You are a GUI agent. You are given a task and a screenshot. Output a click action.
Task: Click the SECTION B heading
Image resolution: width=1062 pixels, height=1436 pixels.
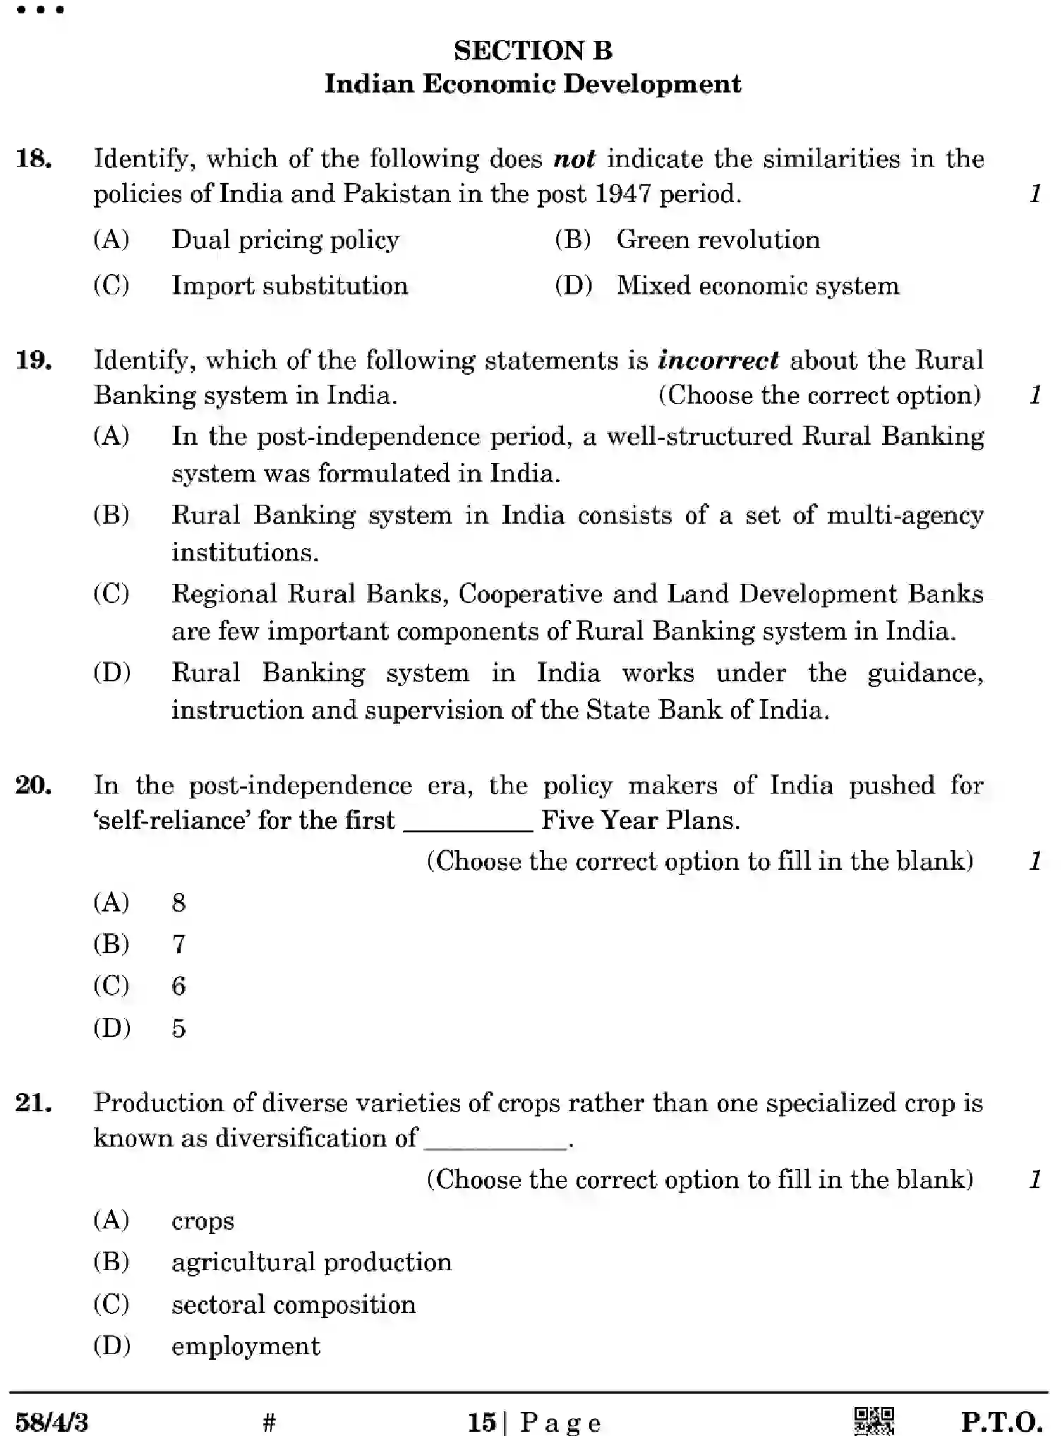pos(533,50)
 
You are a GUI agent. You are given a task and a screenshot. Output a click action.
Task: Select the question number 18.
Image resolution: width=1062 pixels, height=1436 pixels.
pos(33,158)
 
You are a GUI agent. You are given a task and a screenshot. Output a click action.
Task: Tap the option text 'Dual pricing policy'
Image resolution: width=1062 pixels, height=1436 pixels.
pos(285,240)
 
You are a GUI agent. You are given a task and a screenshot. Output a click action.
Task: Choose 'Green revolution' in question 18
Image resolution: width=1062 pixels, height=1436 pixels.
pos(718,240)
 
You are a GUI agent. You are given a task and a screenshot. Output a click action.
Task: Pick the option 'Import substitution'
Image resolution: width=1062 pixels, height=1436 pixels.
pos(289,286)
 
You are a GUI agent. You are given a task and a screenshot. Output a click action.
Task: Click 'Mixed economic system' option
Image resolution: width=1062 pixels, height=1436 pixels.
pos(758,286)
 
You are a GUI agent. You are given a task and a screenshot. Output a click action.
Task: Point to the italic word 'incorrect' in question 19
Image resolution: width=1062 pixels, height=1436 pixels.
pos(718,360)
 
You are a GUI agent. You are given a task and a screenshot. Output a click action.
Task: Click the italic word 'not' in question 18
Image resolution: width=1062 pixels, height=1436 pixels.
pos(574,159)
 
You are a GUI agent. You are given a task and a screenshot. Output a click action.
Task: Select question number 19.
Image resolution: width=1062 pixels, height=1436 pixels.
pos(33,360)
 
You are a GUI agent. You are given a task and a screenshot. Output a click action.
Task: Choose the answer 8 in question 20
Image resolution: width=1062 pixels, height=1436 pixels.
pos(179,902)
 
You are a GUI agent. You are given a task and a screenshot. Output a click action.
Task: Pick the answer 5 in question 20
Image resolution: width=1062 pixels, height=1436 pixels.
pos(179,1028)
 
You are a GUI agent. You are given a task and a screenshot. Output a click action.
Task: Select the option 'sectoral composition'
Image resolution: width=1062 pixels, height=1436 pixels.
pos(294,1304)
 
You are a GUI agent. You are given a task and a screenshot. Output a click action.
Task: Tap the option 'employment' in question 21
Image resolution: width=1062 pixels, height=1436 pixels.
pos(246,1346)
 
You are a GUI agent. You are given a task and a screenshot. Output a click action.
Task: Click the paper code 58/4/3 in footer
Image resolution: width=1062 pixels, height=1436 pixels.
pos(52,1420)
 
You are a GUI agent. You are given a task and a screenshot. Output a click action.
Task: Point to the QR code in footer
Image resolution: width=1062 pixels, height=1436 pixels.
pos(874,1419)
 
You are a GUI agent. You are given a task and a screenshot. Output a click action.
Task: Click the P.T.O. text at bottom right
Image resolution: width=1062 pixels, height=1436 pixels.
pos(1001,1420)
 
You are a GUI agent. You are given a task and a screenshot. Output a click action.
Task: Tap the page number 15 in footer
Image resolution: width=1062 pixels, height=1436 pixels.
pos(482,1421)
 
